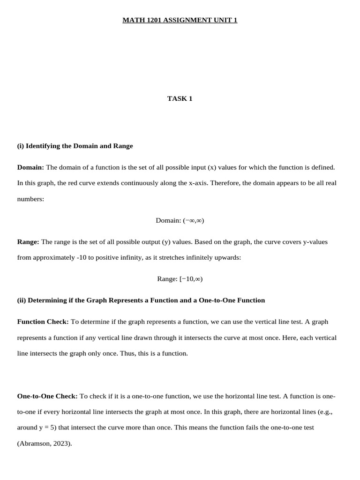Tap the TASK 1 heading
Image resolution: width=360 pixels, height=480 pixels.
(x=180, y=98)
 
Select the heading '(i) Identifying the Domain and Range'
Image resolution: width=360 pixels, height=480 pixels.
(x=75, y=146)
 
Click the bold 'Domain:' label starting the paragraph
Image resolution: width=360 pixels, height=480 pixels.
(x=30, y=167)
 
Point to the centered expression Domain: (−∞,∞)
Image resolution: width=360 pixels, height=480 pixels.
(x=180, y=220)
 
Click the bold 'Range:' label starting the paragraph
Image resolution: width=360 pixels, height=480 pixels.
(x=28, y=242)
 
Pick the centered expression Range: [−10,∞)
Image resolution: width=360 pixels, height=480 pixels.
(x=180, y=279)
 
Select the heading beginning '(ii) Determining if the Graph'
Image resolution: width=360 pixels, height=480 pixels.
(x=141, y=300)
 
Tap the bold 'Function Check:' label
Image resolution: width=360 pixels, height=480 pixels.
(x=43, y=322)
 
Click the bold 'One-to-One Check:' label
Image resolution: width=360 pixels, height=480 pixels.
(x=47, y=396)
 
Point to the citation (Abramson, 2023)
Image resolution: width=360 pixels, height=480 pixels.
(x=45, y=443)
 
